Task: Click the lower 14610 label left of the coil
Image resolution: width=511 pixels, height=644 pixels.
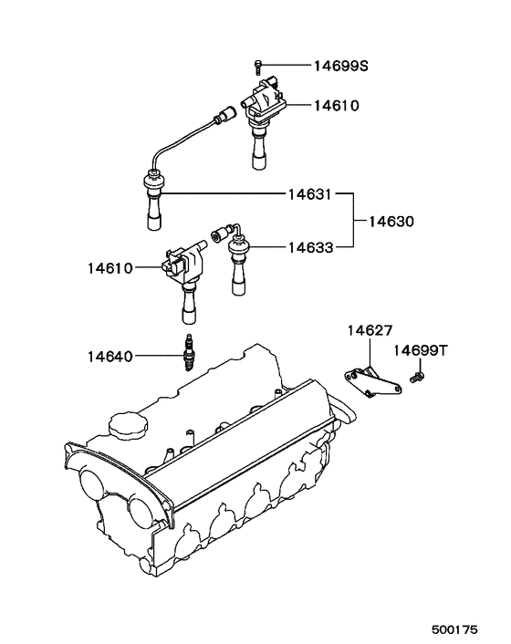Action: click(x=110, y=268)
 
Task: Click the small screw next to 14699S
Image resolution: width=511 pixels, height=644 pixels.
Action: click(x=258, y=66)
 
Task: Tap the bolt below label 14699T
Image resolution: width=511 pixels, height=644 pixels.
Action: click(x=417, y=375)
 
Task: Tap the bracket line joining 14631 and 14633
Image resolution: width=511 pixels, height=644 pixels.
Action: click(x=354, y=221)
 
